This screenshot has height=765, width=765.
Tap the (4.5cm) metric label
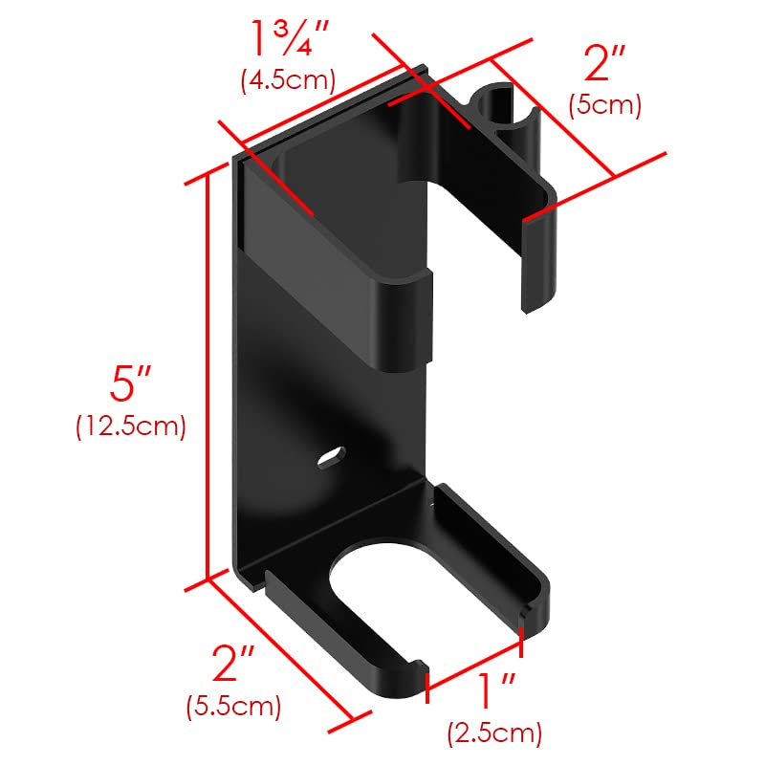[x=288, y=79]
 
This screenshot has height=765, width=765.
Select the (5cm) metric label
[x=604, y=105]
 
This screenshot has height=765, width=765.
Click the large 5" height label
[x=130, y=383]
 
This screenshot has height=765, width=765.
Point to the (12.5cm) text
[x=131, y=426]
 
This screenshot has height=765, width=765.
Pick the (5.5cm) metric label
[x=233, y=706]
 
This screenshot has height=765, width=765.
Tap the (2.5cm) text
[x=494, y=733]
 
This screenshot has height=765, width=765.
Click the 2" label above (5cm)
[x=604, y=62]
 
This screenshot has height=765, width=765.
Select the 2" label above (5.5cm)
[x=233, y=663]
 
